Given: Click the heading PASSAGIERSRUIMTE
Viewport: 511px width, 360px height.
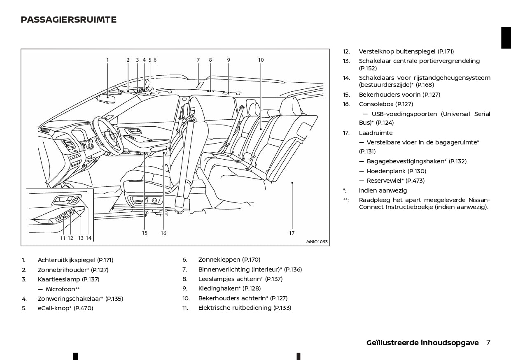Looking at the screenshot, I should (68, 20).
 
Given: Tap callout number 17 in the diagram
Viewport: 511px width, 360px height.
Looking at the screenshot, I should (292, 233).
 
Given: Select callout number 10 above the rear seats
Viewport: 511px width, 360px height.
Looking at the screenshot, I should (261, 60).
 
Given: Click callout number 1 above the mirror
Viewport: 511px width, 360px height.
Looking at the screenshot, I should (107, 60).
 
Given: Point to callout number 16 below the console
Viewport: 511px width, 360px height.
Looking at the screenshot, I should (163, 233).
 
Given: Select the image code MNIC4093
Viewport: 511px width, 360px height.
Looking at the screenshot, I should (317, 242).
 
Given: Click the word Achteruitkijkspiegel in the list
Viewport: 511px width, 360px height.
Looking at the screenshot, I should (66, 260).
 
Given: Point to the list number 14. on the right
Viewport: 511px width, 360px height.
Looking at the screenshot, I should (346, 78).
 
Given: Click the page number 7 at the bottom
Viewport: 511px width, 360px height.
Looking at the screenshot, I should (488, 343).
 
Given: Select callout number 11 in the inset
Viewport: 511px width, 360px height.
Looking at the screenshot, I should (63, 238).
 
